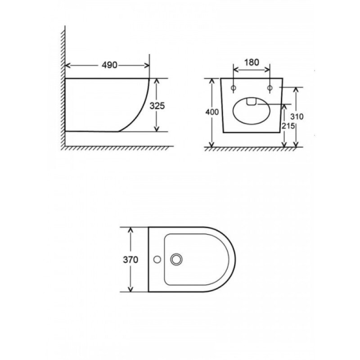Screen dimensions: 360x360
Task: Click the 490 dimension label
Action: coord(109,65)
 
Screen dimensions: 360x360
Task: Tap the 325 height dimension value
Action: coord(157,106)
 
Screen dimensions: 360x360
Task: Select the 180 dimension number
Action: coord(252,62)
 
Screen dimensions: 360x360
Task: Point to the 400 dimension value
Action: coord(212,112)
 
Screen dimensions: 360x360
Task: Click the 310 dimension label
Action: coord(297,117)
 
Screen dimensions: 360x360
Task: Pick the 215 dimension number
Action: coord(288,126)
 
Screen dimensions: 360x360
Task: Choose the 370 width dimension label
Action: coord(130,260)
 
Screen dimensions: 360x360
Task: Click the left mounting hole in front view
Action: coord(234,88)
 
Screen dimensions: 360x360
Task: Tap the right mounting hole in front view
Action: coord(270,88)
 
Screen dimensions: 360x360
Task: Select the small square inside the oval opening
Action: coord(252,102)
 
